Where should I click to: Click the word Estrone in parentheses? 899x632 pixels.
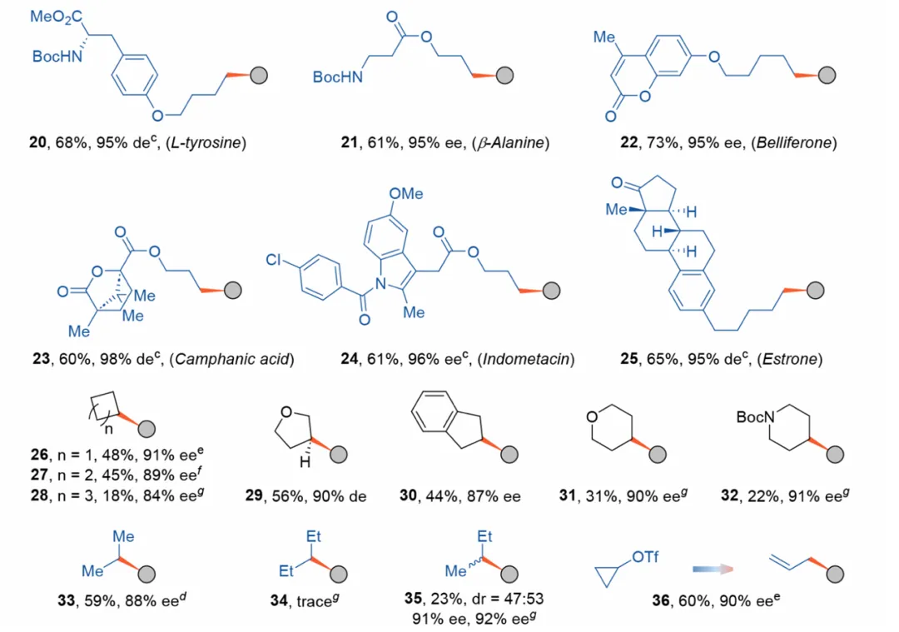(792, 360)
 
